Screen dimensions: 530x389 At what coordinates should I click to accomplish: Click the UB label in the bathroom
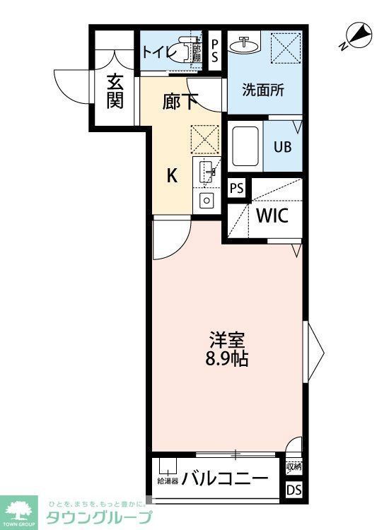(x=282, y=148)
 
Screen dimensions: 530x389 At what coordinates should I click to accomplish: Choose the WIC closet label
(x=272, y=216)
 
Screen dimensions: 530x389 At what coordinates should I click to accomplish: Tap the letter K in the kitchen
(x=172, y=176)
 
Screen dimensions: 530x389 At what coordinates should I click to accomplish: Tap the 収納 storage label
(x=294, y=466)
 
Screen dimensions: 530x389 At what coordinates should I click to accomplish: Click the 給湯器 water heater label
(x=168, y=482)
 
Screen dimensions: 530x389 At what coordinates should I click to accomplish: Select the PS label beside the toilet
(x=215, y=52)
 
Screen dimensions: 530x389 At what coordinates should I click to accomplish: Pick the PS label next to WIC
(x=237, y=189)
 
